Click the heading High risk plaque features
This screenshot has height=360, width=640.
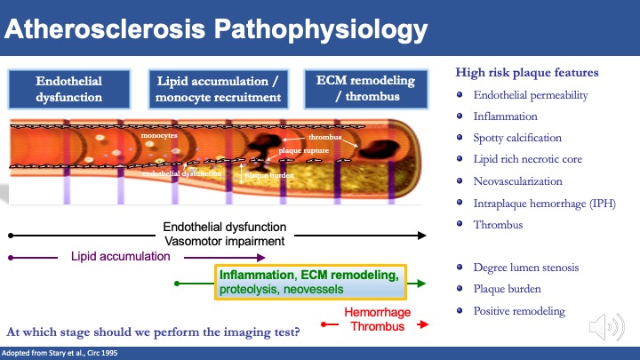point(526,72)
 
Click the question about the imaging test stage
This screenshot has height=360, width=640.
point(152,332)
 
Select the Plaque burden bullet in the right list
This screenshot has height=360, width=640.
point(508,288)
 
